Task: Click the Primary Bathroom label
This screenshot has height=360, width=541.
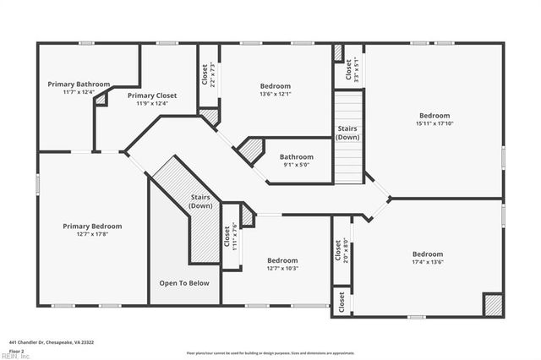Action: click(79, 85)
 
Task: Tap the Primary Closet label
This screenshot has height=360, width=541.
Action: click(152, 96)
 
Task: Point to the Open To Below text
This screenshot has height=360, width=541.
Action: click(184, 283)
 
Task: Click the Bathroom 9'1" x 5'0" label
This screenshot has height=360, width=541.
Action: click(297, 156)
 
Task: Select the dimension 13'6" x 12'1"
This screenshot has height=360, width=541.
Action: click(275, 95)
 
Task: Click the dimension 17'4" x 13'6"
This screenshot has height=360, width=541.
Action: click(427, 263)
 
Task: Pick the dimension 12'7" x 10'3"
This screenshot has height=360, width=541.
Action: click(282, 269)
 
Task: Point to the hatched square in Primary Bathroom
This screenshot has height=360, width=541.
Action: click(101, 100)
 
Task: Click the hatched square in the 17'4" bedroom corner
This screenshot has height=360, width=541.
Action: click(492, 304)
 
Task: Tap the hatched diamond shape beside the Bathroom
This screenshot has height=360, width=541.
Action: click(250, 150)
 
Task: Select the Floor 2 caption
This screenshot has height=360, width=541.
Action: click(16, 350)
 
